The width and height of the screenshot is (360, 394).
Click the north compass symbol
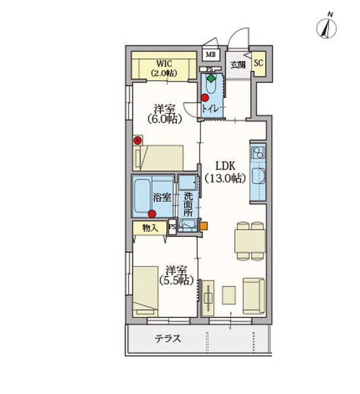pyautogui.click(x=326, y=28)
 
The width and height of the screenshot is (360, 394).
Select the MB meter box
pyautogui.click(x=210, y=55)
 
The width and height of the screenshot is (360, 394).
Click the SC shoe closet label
pyautogui.click(x=258, y=63)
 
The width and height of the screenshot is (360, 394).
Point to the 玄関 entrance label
pyautogui.click(x=238, y=65)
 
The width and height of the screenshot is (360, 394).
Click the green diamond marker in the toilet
pyautogui.click(x=211, y=78)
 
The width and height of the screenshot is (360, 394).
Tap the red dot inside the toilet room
pyautogui.click(x=205, y=97)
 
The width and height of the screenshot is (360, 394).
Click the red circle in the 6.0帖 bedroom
pyautogui.click(x=137, y=141)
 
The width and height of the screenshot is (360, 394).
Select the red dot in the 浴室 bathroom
pyautogui.click(x=152, y=214)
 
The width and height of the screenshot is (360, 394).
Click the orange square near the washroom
pyautogui.click(x=204, y=226)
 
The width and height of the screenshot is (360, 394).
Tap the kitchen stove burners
pyautogui.click(x=258, y=152)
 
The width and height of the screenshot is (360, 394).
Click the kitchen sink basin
pyautogui.click(x=258, y=176)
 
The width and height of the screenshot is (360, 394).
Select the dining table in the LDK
pyautogui.click(x=250, y=241)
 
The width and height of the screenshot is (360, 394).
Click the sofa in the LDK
pyautogui.click(x=254, y=296)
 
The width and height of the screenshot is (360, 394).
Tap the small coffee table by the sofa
pyautogui.click(x=229, y=295)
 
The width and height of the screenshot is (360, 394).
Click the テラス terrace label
pyautogui.click(x=168, y=338)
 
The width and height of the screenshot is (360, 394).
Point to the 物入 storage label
pyautogui.click(x=150, y=228)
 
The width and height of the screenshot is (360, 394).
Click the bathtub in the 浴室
pyautogui.click(x=143, y=196)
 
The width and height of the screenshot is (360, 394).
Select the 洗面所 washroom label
pyautogui.click(x=188, y=204)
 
